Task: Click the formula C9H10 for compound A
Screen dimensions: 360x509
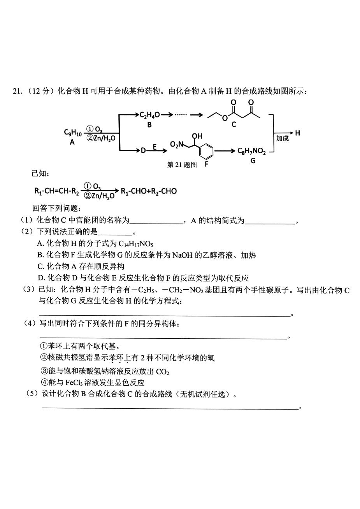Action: point(72,133)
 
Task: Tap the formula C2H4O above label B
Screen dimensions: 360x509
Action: point(149,115)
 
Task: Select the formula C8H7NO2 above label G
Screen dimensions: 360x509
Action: point(251,151)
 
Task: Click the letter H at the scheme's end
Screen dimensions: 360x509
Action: point(297,133)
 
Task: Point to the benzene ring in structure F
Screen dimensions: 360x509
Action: point(206,150)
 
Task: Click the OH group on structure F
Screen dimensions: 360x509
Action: point(197,136)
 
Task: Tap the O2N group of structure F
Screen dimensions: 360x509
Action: point(176,144)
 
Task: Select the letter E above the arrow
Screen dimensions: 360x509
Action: point(155,147)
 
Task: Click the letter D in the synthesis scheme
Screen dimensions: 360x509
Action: point(143,150)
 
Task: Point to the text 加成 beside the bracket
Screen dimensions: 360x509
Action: point(282,138)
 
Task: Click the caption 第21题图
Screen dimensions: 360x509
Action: point(182,165)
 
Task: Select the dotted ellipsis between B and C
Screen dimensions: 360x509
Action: point(181,115)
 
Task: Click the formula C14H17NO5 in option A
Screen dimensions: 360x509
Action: point(136,244)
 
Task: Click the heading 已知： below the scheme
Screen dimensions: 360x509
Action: point(40,173)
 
